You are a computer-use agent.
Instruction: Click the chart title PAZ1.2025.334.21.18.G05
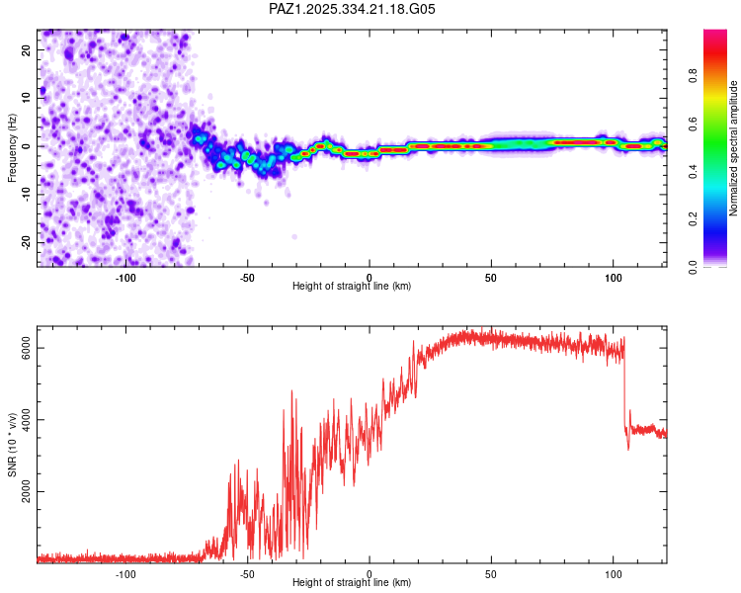(353, 9)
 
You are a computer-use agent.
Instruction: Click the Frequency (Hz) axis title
(12, 146)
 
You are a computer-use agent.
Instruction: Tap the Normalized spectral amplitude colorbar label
(733, 148)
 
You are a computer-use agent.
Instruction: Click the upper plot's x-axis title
(352, 286)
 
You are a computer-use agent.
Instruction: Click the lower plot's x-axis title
(352, 582)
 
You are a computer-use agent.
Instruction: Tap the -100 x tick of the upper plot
(125, 277)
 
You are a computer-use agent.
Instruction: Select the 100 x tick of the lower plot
(613, 573)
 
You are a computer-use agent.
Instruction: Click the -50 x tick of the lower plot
(247, 573)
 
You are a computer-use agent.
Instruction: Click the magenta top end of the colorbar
(715, 34)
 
